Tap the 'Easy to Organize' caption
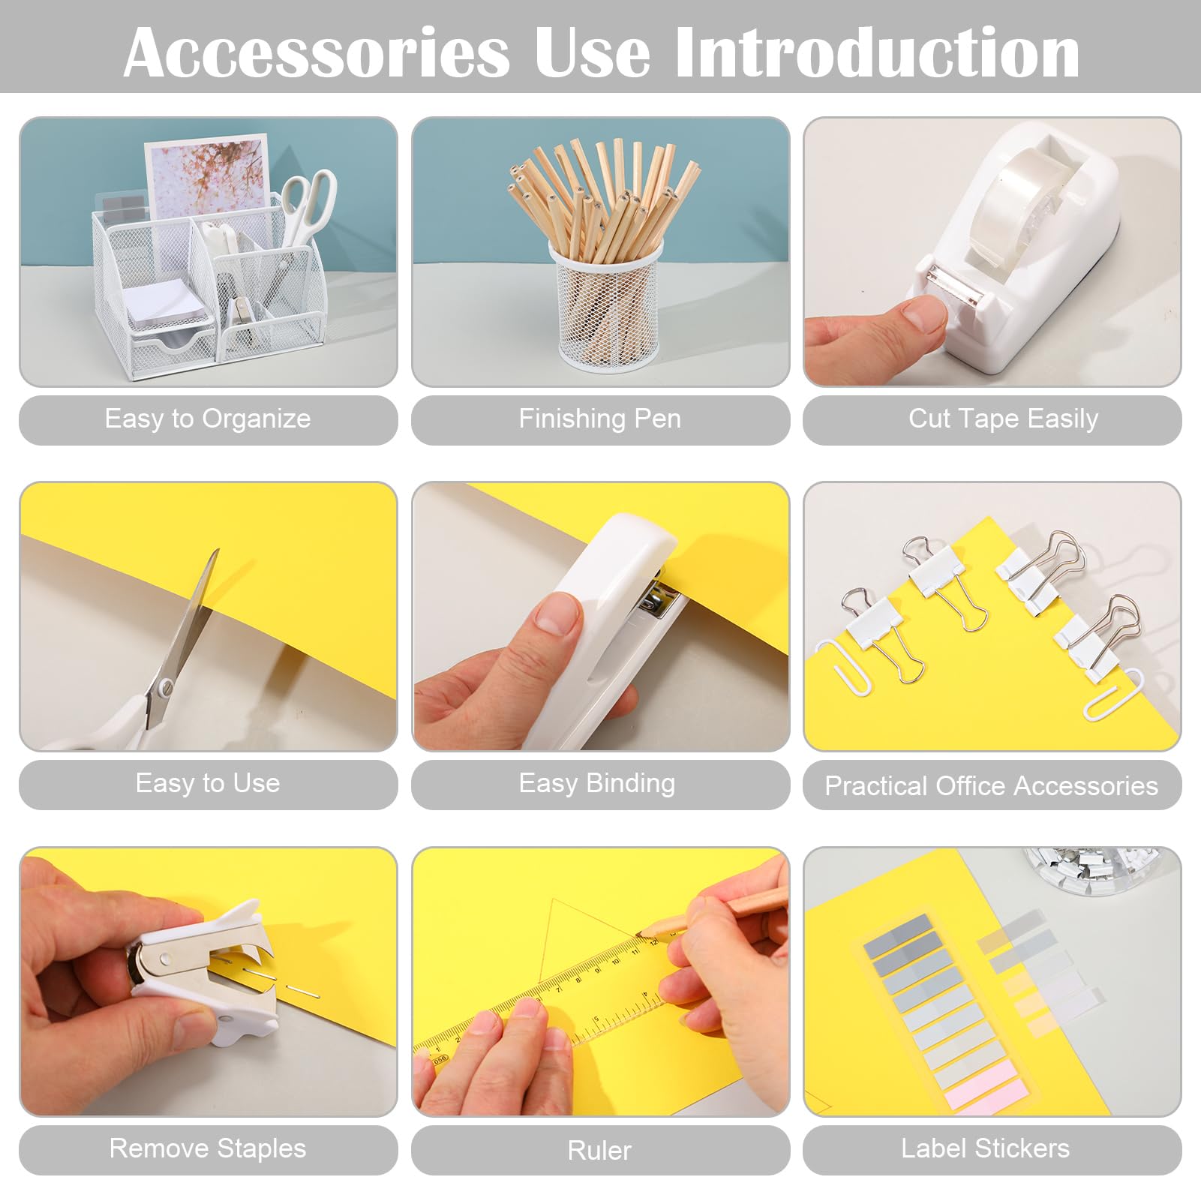pos(208,419)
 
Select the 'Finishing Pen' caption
pos(600,419)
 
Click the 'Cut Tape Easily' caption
pos(1003,419)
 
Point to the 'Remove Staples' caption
pos(208,1148)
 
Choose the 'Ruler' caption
pos(600,1150)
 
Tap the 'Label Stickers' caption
pos(986,1148)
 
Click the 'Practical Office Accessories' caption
pos(992,785)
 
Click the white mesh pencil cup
pos(606,308)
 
